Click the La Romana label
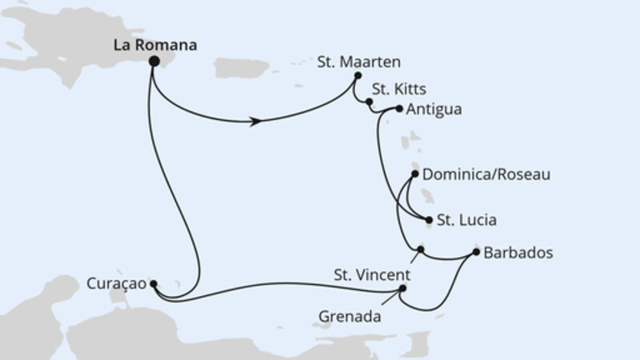(155, 45)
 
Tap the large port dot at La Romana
(154, 62)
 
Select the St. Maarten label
(358, 62)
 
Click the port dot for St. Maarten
(358, 75)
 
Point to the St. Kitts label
(398, 89)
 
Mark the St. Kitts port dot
(369, 102)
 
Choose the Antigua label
(434, 110)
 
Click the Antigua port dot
(399, 109)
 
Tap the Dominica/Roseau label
(486, 174)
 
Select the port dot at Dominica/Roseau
(414, 174)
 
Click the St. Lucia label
(466, 220)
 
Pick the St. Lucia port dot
(429, 220)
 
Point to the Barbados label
(518, 253)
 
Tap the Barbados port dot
(476, 252)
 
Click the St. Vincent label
(372, 275)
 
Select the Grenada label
(350, 316)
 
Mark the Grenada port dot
(402, 288)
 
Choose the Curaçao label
(116, 284)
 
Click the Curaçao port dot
(154, 284)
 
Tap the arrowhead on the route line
(255, 122)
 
